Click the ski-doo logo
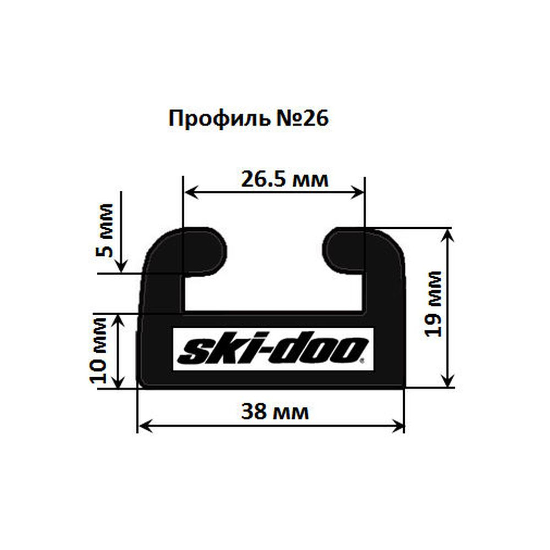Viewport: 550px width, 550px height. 273,349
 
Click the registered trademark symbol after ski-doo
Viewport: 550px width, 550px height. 361,362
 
